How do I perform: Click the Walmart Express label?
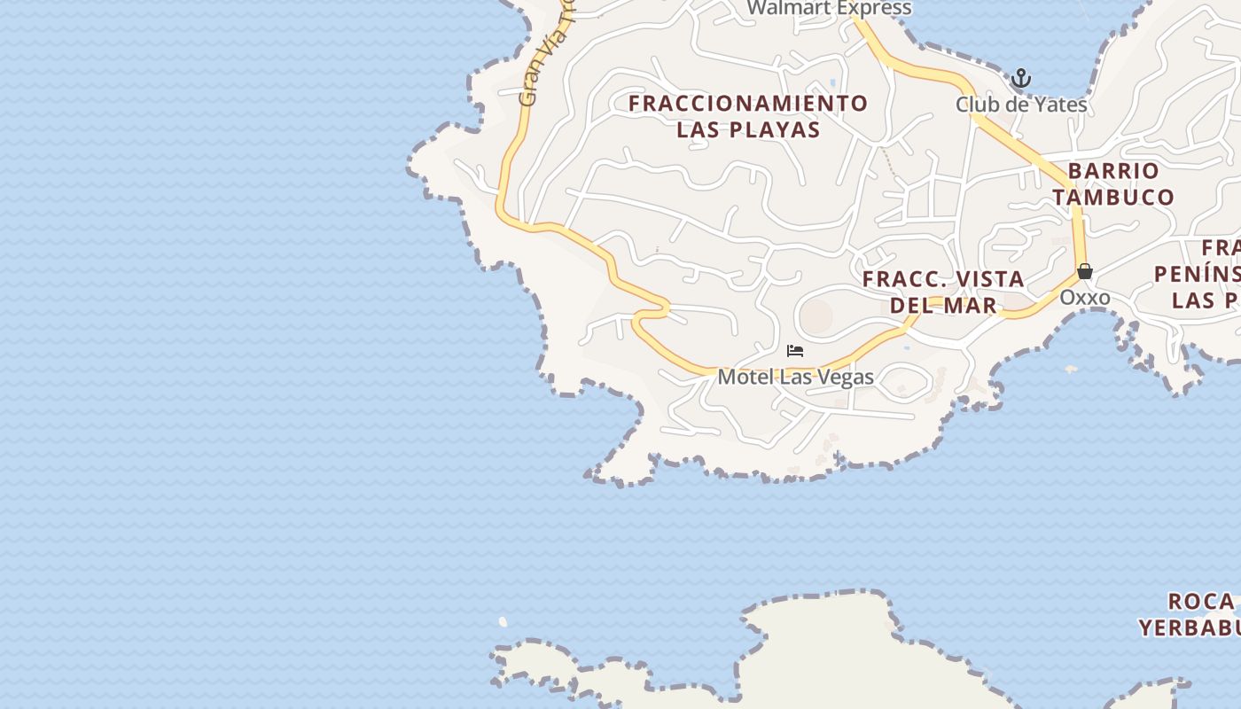coord(828,8)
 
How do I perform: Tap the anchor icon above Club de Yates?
coord(1021,79)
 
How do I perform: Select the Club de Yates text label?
coord(1021,105)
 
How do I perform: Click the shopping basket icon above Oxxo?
coord(1084,271)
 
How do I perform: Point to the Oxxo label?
coord(1084,297)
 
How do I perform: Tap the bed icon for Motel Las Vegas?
coord(795,351)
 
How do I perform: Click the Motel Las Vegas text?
coord(795,377)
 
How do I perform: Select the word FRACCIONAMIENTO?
coord(748,104)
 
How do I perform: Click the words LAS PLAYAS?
coord(748,130)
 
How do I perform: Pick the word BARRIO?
coord(1112,170)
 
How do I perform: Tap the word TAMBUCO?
coord(1113,197)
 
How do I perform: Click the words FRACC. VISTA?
coord(943,279)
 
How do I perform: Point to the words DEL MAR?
coord(943,306)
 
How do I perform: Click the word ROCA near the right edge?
coord(1201,602)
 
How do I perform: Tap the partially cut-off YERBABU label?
coord(1189,628)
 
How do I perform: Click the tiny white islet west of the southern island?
coord(503,622)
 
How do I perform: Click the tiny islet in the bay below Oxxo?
coord(1070,369)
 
